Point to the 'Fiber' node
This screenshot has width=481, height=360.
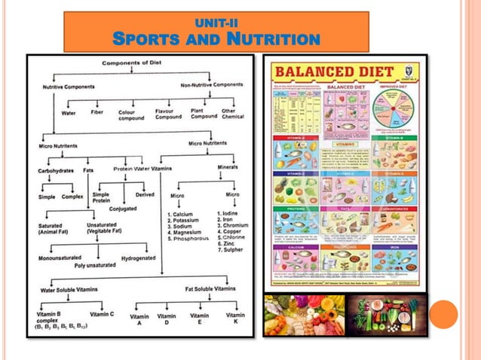[x=97, y=113]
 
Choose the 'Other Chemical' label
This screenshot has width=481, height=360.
[x=230, y=114]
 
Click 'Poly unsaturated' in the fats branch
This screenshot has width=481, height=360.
[x=95, y=265]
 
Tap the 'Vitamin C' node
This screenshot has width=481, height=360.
[x=102, y=314]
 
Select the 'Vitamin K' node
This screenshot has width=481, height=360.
[x=235, y=319]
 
